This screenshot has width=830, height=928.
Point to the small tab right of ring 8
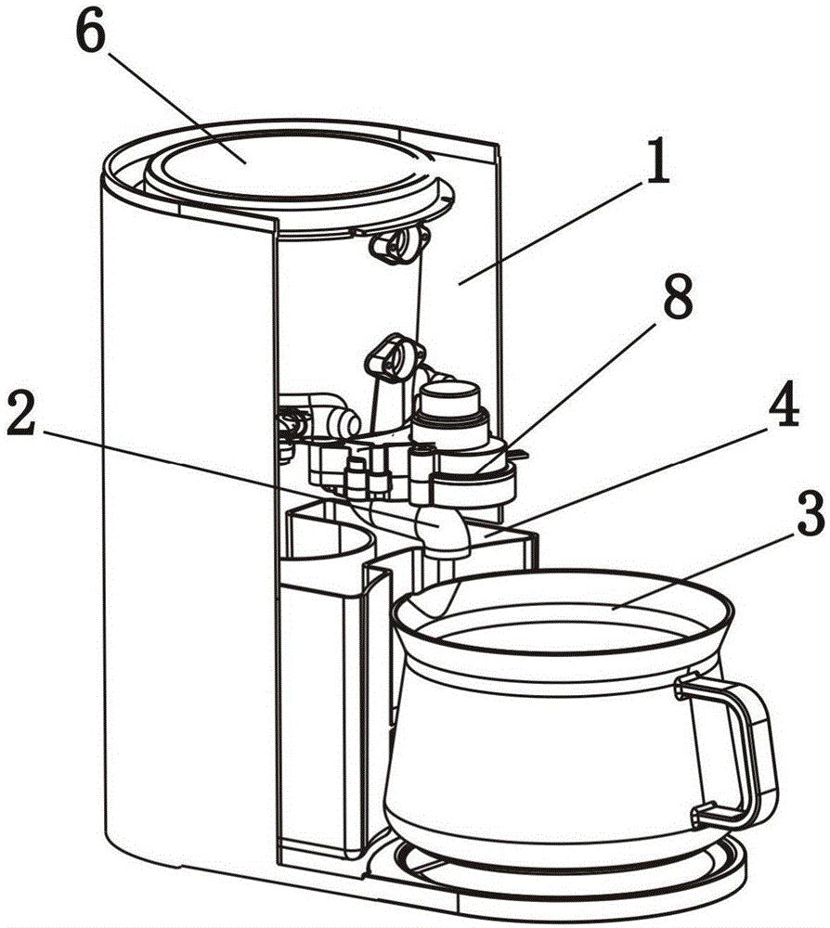coord(521,456)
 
